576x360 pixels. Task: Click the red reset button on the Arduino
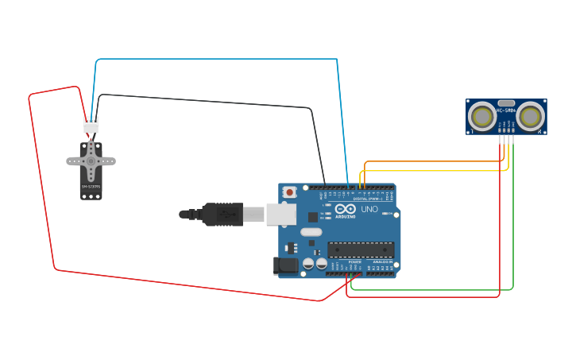coord(290,192)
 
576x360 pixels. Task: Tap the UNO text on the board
coord(369,209)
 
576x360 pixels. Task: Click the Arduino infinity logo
coord(345,209)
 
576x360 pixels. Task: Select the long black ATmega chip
coord(361,250)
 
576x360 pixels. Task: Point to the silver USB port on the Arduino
coord(280,214)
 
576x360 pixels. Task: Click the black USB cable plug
coord(222,214)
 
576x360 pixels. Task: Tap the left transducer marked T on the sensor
coord(481,117)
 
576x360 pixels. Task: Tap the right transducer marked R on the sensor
coord(530,117)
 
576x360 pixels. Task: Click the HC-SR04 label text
coord(506,110)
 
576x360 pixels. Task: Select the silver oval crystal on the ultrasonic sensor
coord(506,103)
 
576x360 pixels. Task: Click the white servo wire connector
coord(91,125)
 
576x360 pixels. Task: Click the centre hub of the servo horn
coord(91,161)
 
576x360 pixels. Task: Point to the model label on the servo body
coord(91,187)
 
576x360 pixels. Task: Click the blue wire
coord(215,59)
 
